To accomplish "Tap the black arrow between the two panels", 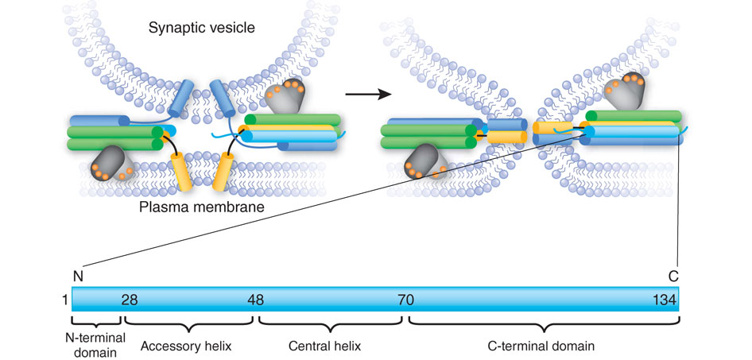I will tap(369, 94).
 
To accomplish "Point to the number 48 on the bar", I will tap(254, 300).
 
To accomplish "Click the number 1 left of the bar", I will tap(63, 300).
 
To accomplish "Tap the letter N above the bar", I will tap(77, 277).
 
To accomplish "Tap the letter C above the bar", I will tap(673, 277).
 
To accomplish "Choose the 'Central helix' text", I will tap(331, 346).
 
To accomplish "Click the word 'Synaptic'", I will tap(175, 29).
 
